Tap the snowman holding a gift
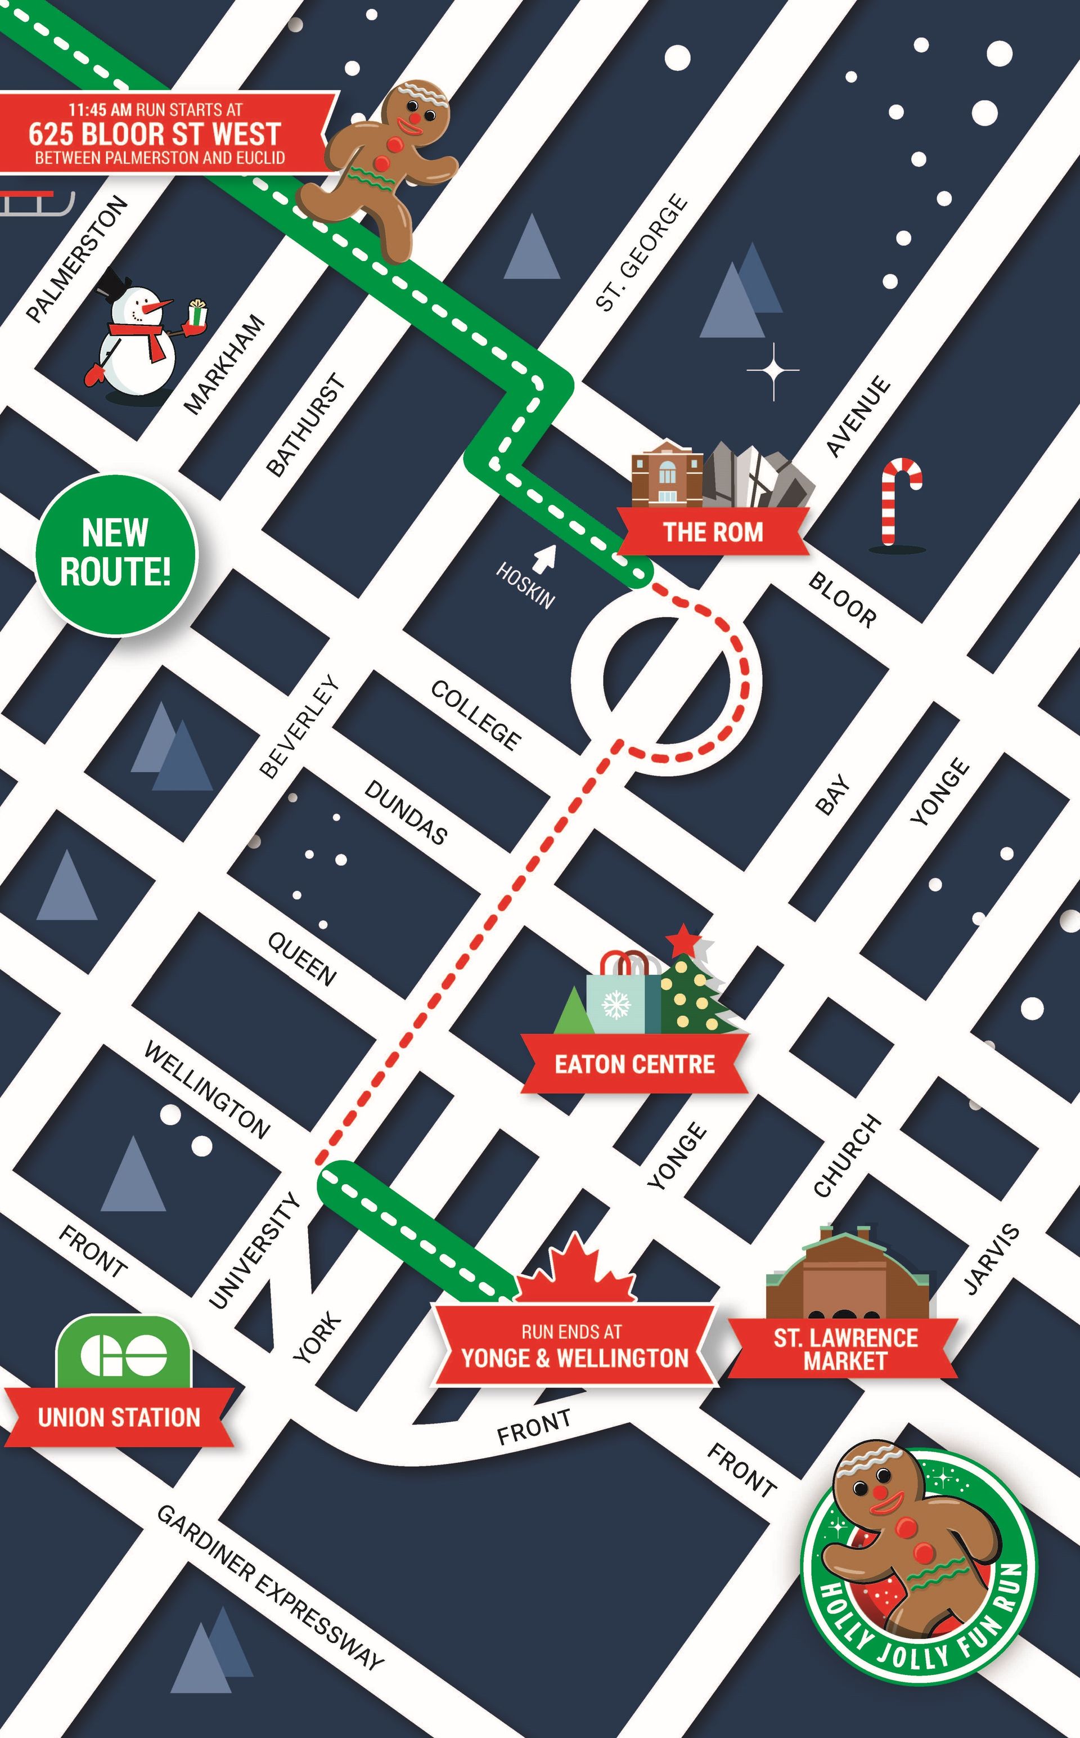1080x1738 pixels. click(x=141, y=336)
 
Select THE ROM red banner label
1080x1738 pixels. click(x=712, y=532)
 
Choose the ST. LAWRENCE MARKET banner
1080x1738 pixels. click(x=844, y=1349)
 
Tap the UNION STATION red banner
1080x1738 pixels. click(x=119, y=1417)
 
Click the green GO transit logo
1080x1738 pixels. click(x=124, y=1354)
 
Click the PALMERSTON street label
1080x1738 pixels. click(x=77, y=259)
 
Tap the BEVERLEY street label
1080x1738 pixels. click(x=298, y=726)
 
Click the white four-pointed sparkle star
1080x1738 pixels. click(x=773, y=370)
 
